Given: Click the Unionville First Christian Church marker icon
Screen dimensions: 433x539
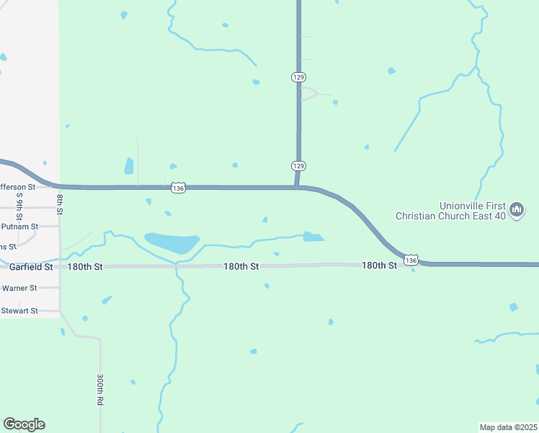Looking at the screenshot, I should point(516,210).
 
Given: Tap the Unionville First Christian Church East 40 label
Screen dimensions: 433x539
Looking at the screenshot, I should point(451,210).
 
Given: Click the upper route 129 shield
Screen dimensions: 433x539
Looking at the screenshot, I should point(299,76).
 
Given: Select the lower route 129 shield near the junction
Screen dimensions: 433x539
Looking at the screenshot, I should point(299,166).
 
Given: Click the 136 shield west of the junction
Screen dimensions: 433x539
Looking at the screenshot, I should point(179,188).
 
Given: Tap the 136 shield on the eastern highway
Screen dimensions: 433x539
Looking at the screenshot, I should point(411,259).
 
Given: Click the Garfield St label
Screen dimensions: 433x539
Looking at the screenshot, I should point(31,267).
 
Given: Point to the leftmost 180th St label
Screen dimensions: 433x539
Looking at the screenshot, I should point(85,267).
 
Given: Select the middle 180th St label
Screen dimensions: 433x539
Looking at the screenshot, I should point(241,266).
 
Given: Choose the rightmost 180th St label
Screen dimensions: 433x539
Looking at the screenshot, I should point(379,266).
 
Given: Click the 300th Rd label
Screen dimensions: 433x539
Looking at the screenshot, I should point(100,389).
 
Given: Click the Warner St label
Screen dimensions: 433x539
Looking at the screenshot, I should point(19,288).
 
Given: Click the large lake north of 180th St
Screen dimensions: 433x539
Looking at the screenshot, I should point(172,242).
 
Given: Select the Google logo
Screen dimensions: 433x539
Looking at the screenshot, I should point(24,424).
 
